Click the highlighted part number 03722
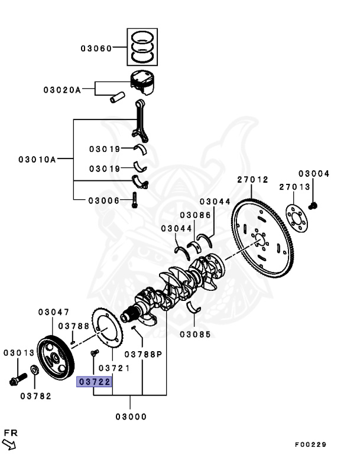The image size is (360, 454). pos(94,382)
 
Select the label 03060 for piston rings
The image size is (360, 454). pos(96,48)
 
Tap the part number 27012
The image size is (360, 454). pos(253,180)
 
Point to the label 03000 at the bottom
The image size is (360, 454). pos(131,417)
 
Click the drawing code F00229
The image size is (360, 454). pos(310,445)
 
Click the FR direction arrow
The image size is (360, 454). pos(9,444)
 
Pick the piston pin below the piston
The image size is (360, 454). pos(117,97)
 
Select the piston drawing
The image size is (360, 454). pos(143,82)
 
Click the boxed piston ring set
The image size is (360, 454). pos(142,47)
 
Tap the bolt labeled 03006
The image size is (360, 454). pos(134,200)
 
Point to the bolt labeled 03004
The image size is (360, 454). pos(313,206)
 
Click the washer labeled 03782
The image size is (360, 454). pos(34,369)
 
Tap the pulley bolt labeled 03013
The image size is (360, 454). pos(18,380)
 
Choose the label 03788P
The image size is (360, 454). pos(143,354)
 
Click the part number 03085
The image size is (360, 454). pos(195,335)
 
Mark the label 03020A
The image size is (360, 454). pos(62,90)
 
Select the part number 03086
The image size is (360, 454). pos(195,215)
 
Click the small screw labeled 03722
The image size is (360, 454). pos(95,353)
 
